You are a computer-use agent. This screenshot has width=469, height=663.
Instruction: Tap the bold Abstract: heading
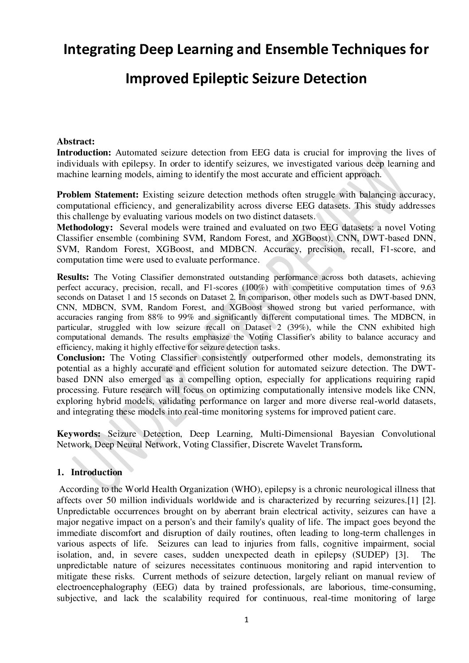tap(76, 142)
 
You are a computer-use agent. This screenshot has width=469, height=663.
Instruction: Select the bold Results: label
tap(74, 278)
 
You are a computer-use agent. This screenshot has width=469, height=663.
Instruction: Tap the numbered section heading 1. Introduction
tap(90, 472)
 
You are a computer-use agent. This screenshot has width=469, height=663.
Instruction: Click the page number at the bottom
tap(247, 620)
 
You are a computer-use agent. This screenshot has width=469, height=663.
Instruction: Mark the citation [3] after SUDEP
tap(401, 554)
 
